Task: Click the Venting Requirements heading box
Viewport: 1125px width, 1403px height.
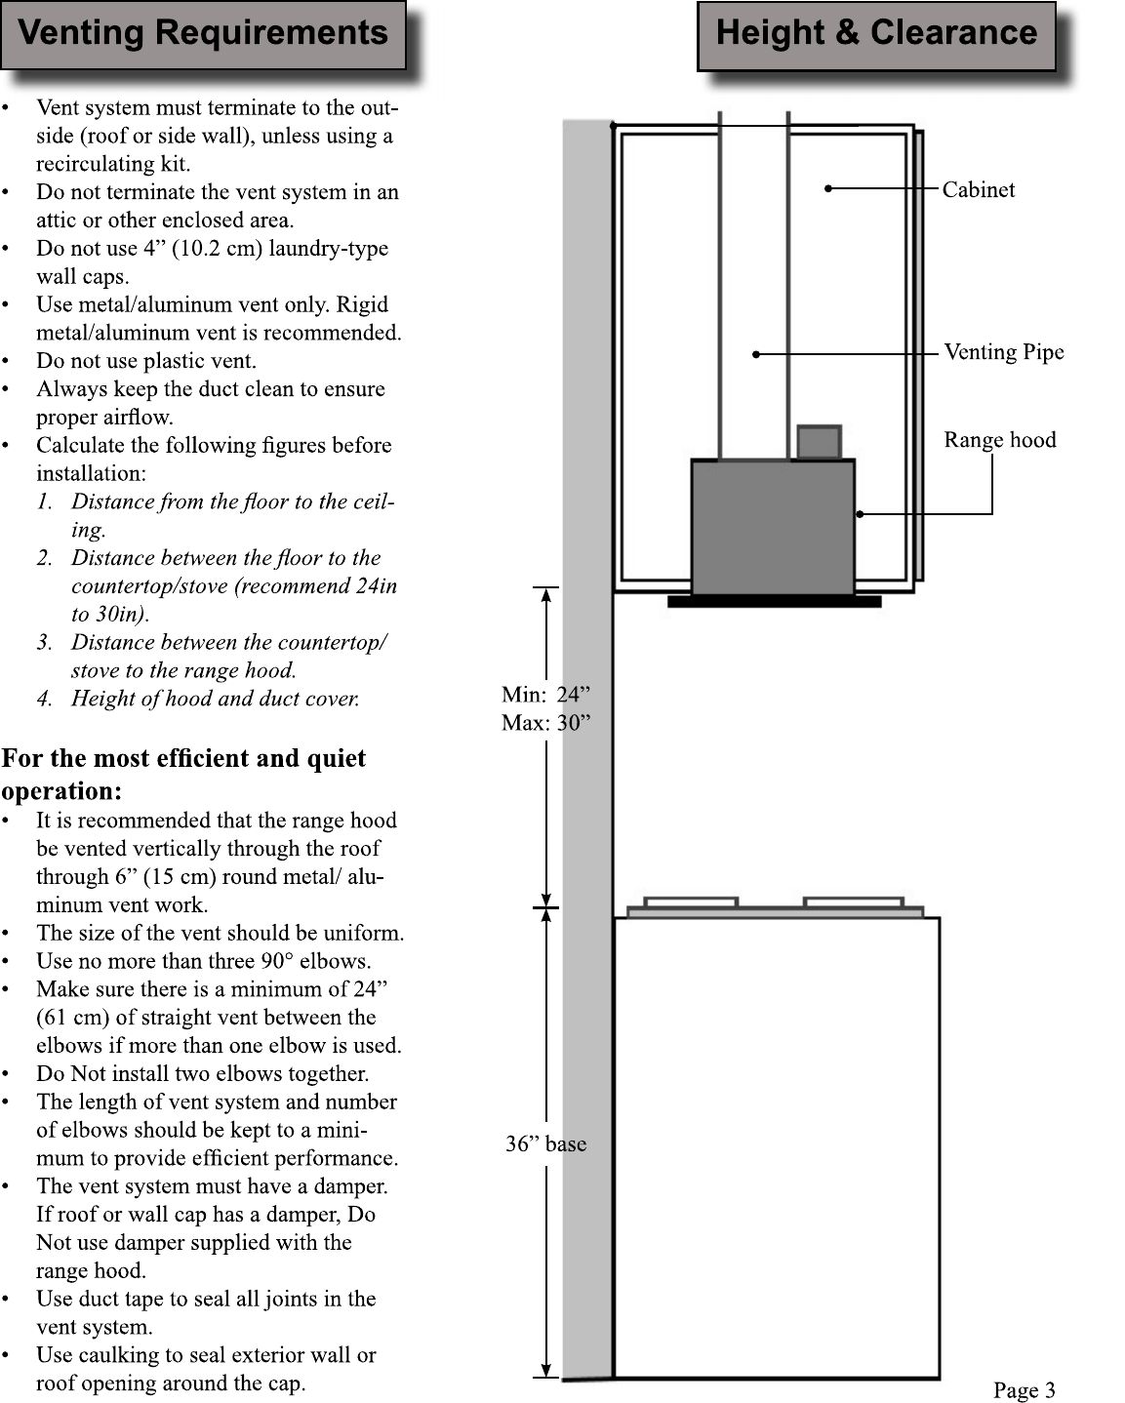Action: coord(203,35)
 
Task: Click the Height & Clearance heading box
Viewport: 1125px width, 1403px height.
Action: coord(876,36)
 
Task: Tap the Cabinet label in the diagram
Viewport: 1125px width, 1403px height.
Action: coord(979,189)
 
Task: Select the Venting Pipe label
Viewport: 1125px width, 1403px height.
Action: coord(1004,353)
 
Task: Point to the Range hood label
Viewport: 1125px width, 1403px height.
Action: coord(1000,440)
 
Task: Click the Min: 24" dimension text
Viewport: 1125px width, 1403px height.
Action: coord(545,695)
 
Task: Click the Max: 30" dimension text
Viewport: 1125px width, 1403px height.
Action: coord(545,722)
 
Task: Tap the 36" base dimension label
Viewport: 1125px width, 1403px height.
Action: coord(545,1143)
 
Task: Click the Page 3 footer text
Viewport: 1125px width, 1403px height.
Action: coord(1024,1389)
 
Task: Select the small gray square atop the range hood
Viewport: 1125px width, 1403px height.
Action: coord(819,442)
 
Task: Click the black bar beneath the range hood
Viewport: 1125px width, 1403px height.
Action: coord(774,601)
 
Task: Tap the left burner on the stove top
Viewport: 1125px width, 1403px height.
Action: coord(691,902)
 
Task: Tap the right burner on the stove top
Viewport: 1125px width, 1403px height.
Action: coord(853,902)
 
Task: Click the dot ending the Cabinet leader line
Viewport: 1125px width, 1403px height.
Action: coord(828,188)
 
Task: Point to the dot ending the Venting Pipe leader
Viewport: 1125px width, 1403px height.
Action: coord(756,354)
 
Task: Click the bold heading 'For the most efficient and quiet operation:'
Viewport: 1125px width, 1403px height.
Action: coord(183,775)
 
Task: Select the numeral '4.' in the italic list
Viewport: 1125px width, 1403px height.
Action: coord(44,699)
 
